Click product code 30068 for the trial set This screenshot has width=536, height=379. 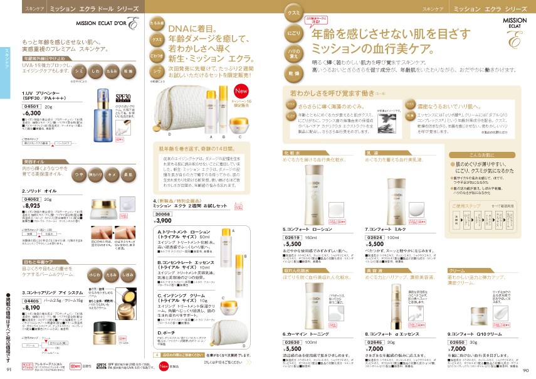tap(162, 214)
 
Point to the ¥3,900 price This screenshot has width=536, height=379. tap(163, 221)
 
